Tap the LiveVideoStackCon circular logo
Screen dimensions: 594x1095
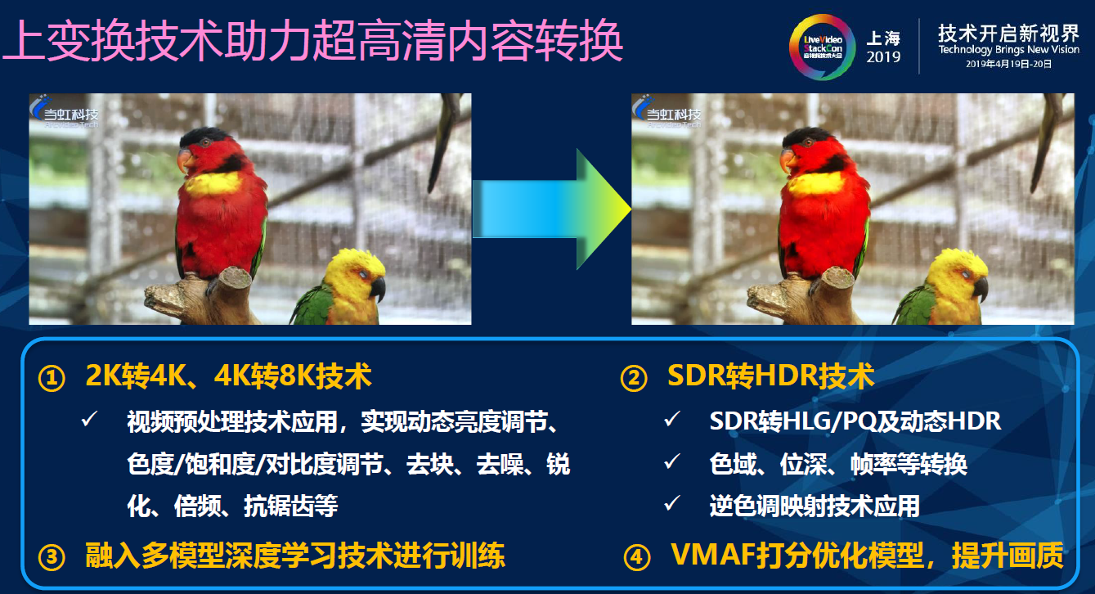(822, 47)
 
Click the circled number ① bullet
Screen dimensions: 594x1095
(51, 379)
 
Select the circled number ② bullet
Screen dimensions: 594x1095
(633, 379)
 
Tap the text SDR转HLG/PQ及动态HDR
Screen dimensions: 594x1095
(855, 421)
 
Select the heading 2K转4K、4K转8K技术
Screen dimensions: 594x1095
(228, 376)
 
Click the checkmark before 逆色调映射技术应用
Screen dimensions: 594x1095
(672, 504)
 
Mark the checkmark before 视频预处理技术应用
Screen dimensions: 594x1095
(89, 421)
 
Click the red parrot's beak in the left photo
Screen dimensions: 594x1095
(186, 160)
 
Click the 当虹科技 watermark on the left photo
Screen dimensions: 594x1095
(65, 115)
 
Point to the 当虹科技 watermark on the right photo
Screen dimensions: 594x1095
(668, 115)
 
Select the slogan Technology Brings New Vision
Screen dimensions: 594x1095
(1008, 50)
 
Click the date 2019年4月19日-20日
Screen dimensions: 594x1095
(1008, 64)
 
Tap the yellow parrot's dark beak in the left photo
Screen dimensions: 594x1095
(377, 288)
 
